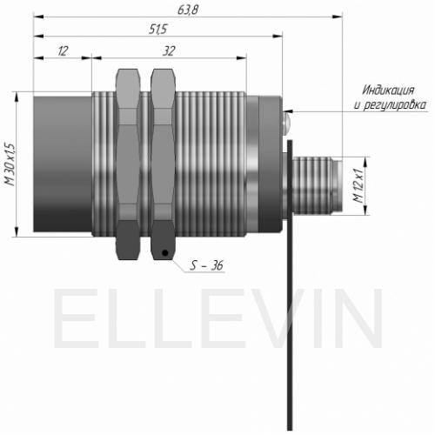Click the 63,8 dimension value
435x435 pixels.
click(188, 10)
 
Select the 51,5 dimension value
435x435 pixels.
click(158, 30)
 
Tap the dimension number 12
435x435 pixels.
click(63, 51)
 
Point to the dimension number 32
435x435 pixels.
click(169, 51)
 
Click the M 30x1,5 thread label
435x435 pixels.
click(10, 164)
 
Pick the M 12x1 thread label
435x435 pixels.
click(358, 185)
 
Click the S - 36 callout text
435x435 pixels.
click(206, 265)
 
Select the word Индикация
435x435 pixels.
click(389, 90)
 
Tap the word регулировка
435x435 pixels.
click(394, 105)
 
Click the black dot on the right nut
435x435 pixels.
click(165, 253)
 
